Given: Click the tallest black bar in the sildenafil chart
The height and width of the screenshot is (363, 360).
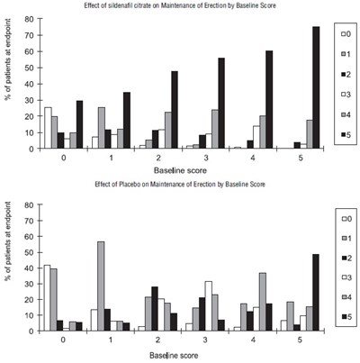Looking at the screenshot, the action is (x=316, y=87).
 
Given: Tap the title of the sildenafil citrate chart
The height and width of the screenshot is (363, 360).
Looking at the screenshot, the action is (x=180, y=5).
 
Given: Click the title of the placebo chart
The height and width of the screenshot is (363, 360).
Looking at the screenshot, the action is (x=180, y=184).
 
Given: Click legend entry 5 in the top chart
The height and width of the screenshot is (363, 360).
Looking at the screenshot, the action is (x=346, y=135).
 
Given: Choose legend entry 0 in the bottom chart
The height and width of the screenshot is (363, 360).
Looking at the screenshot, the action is (x=346, y=219).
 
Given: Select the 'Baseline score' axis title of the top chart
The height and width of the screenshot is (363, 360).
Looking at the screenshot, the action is (x=180, y=170).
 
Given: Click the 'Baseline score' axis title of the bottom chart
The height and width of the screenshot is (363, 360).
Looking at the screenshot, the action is (x=174, y=356).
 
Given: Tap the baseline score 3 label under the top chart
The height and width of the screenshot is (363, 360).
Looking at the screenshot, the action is (x=205, y=158).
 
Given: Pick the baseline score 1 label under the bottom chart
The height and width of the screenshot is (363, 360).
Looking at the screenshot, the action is (x=111, y=340).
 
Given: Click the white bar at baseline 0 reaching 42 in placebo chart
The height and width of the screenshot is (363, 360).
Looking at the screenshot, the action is (x=48, y=298).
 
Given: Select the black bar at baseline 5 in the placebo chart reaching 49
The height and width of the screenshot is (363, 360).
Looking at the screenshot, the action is (x=315, y=293).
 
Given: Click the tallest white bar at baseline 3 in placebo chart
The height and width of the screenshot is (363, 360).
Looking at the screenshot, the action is (x=208, y=306).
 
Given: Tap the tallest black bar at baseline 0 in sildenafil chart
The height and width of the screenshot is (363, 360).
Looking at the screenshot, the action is (x=79, y=124).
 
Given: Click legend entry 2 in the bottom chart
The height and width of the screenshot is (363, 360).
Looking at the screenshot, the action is (x=346, y=258).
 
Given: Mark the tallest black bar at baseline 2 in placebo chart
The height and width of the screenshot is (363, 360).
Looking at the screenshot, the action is (x=155, y=309).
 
